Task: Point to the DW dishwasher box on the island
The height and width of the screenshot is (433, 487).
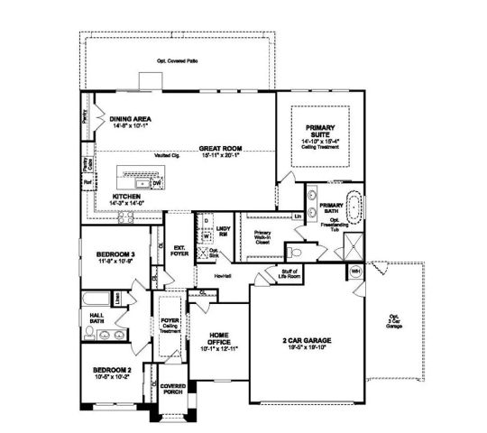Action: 156,181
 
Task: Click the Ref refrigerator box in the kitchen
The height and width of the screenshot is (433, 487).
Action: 87,180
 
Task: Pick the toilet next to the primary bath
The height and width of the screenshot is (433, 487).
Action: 295,252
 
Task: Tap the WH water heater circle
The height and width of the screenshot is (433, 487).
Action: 355,272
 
